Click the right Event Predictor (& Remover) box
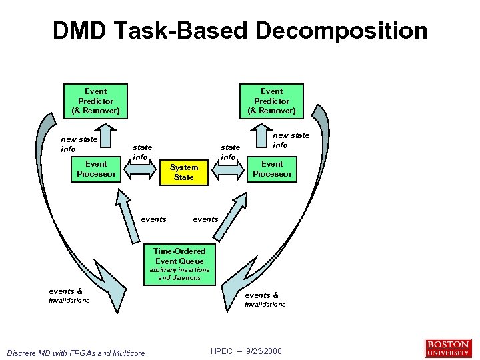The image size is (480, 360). (x=271, y=101)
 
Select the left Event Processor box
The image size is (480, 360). (x=96, y=169)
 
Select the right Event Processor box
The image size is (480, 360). (x=272, y=169)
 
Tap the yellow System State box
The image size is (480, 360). (x=184, y=172)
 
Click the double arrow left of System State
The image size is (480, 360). (x=141, y=170)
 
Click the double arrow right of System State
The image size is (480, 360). (x=228, y=169)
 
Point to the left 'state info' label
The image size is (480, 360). (x=141, y=152)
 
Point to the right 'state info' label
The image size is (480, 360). (x=230, y=152)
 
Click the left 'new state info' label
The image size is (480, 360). (x=79, y=144)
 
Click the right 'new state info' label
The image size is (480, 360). (x=291, y=140)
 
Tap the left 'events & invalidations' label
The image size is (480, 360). (x=69, y=295)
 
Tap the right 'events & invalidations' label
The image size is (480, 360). (x=264, y=299)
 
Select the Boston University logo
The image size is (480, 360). (x=447, y=348)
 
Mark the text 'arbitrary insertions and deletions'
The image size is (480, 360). (x=179, y=274)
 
